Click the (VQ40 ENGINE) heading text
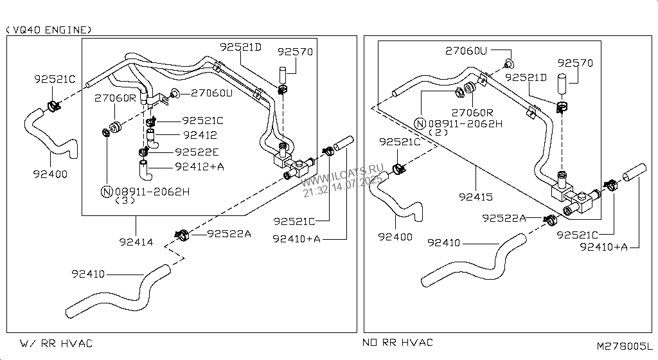(x=49, y=30)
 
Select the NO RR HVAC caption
(x=398, y=343)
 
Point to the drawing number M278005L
(x=624, y=346)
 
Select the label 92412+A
(x=199, y=166)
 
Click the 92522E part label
(x=197, y=152)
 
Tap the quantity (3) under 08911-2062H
(x=125, y=200)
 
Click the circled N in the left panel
(x=107, y=191)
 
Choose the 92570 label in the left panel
(x=295, y=51)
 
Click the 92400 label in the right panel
(x=395, y=237)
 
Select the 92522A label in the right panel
(x=504, y=219)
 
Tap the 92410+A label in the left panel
(x=296, y=239)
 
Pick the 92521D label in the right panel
(x=526, y=77)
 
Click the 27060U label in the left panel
(x=211, y=93)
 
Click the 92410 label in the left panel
(x=88, y=274)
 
